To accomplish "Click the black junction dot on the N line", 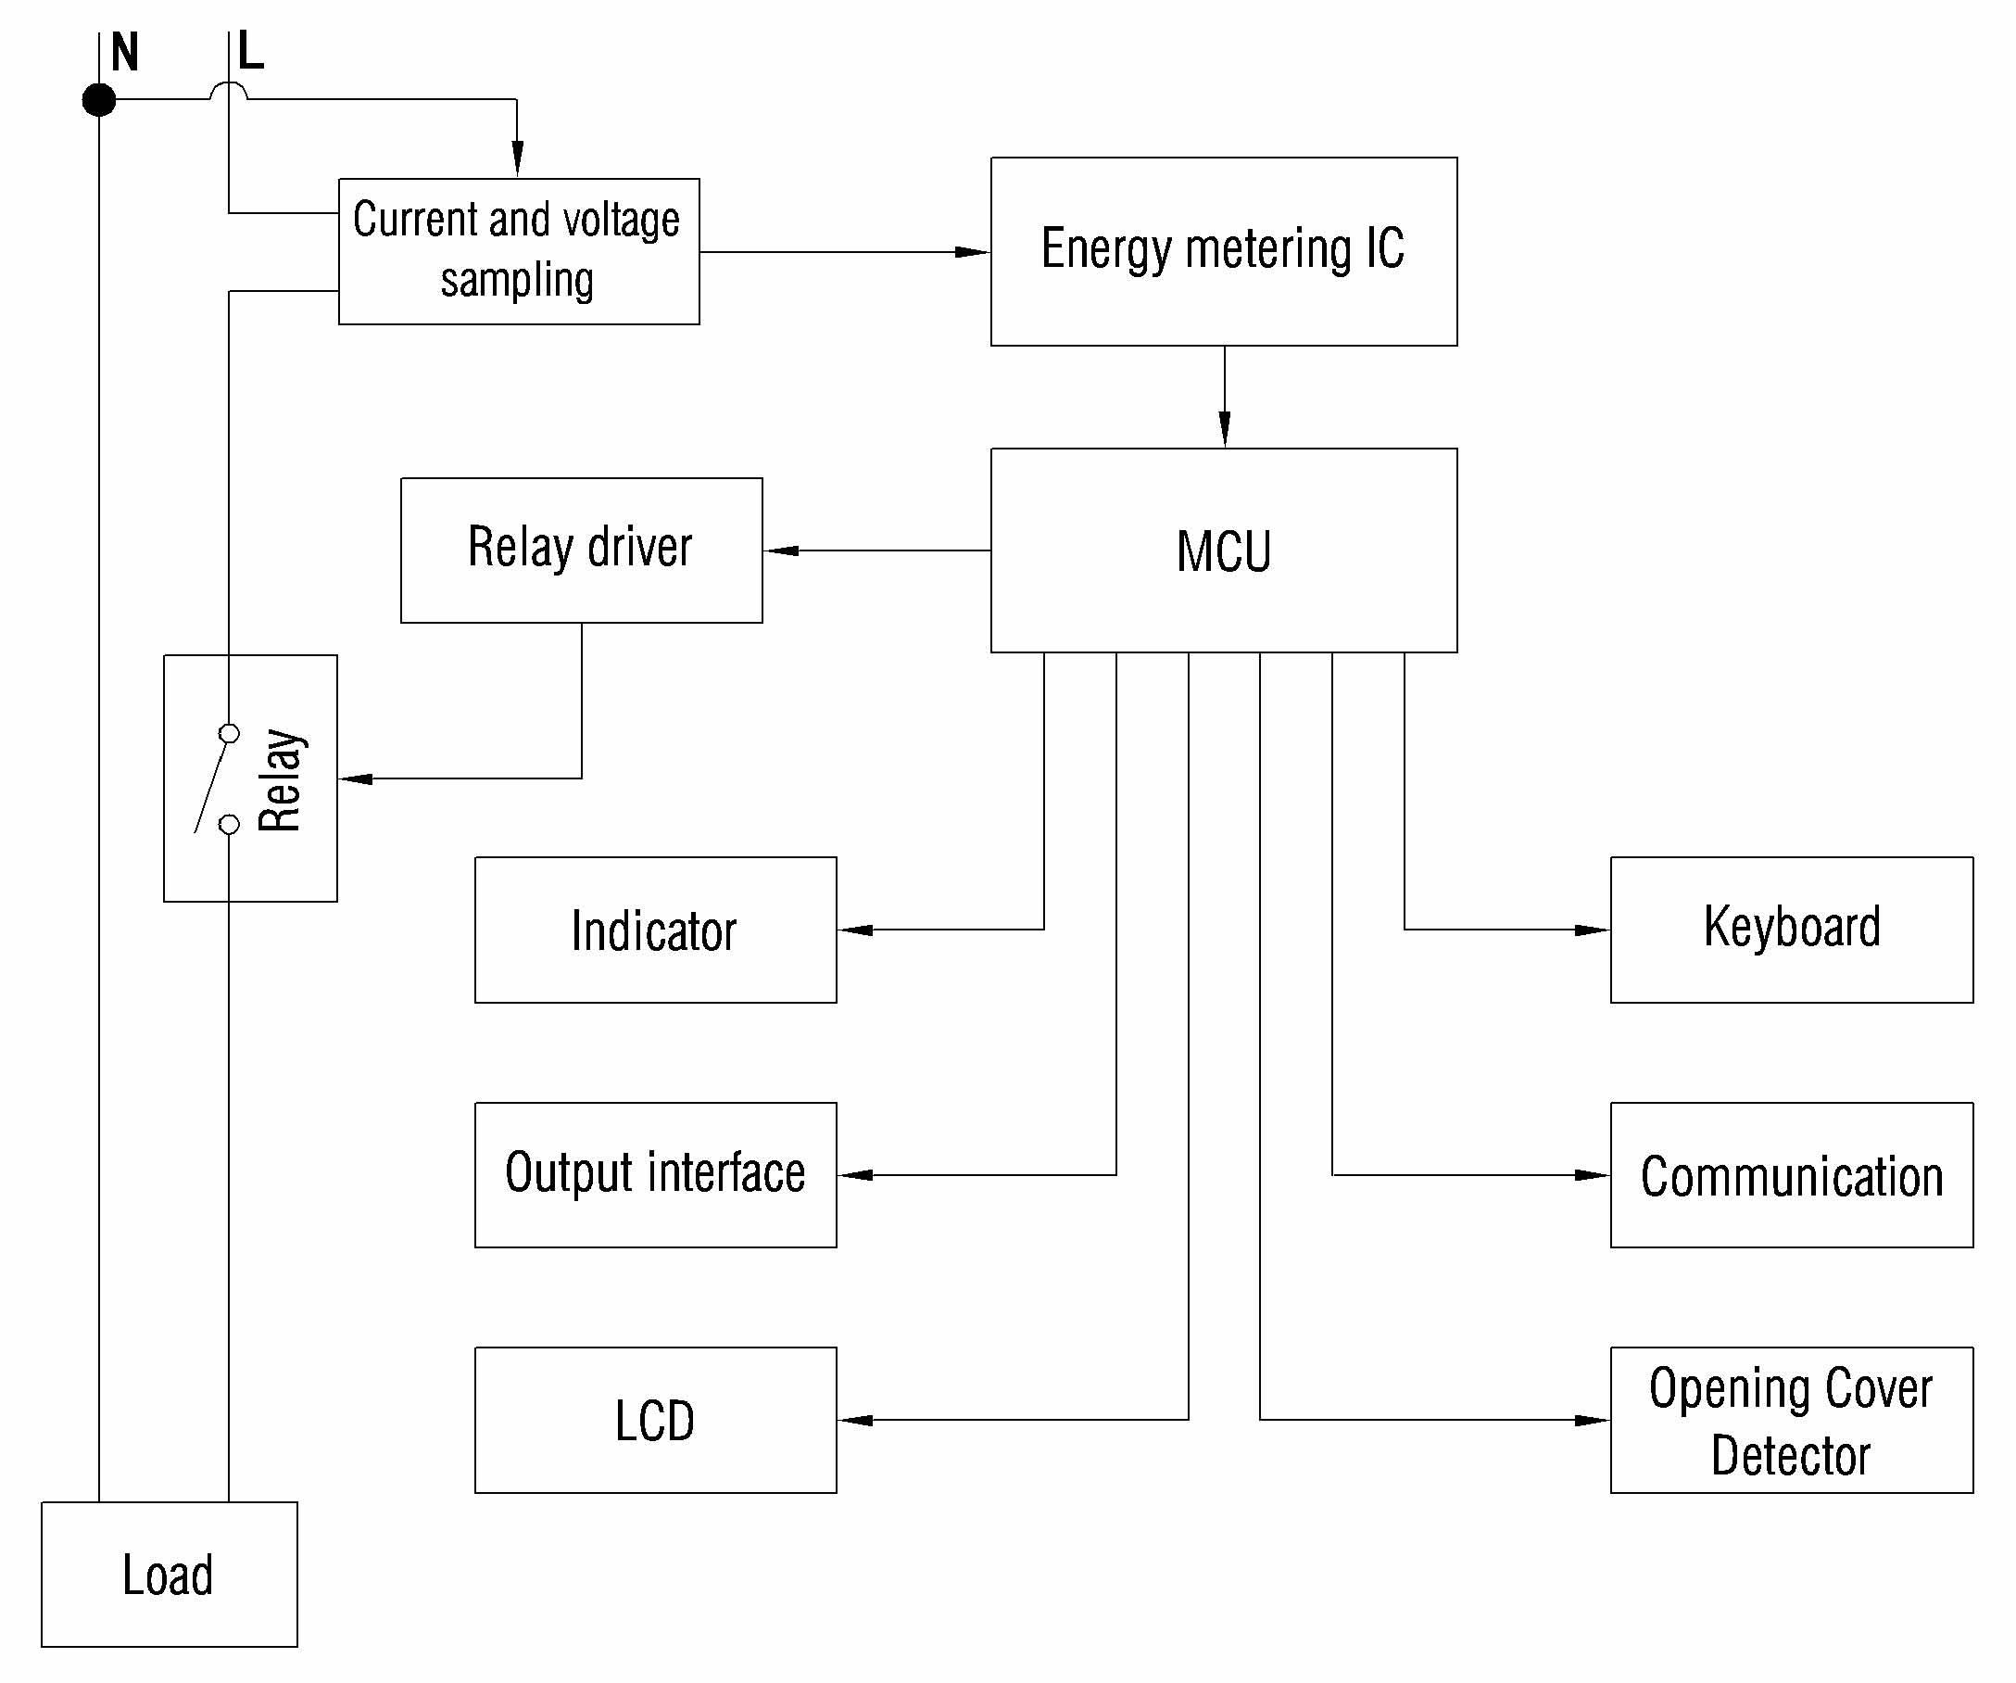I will point(99,99).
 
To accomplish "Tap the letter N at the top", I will point(125,52).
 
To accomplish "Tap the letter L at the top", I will point(250,51).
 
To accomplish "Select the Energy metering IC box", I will point(1223,250).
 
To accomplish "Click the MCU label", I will point(1223,551).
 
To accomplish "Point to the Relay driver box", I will point(581,550).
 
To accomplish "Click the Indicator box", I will point(655,930).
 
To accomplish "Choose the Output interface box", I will point(655,1174).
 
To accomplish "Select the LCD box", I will point(655,1420).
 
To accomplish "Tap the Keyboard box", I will point(1792,930).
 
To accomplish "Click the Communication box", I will point(1792,1174).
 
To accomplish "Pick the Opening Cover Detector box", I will point(1792,1420).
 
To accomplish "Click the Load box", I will point(169,1575).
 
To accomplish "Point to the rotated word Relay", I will point(281,778).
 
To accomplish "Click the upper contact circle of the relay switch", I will point(230,733).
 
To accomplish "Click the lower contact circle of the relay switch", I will point(230,824).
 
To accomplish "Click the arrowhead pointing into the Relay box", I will point(356,778).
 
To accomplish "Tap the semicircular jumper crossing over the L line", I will point(229,89).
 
